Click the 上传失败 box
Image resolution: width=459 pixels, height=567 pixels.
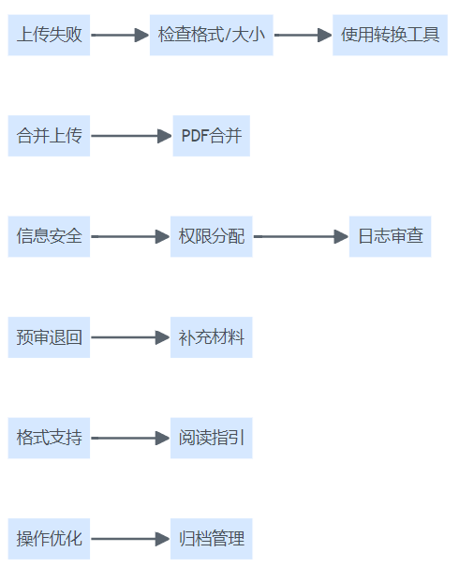[49, 35]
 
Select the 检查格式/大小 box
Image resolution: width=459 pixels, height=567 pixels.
[212, 35]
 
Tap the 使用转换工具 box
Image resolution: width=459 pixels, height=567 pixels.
[390, 35]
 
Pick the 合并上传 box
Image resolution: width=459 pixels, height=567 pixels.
[49, 136]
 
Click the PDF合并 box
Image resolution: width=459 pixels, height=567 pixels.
[212, 136]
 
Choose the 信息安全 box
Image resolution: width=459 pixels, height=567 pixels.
[49, 236]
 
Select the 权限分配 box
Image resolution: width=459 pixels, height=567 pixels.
[212, 236]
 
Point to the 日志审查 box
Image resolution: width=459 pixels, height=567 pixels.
[390, 236]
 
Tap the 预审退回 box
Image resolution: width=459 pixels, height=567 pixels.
[49, 337]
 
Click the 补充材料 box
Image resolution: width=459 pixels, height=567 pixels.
[212, 337]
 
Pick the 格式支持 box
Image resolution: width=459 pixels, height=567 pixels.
[49, 438]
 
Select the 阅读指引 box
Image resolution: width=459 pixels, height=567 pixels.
[212, 438]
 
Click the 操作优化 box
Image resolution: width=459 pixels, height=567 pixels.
[49, 539]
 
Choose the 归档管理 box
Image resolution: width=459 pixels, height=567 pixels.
[212, 539]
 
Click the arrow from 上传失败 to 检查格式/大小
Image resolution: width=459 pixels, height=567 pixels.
[120, 35]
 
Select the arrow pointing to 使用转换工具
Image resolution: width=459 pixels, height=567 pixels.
[303, 35]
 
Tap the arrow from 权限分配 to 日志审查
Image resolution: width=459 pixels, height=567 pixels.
[301, 236]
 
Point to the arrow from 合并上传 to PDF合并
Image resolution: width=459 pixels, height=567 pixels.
[131, 136]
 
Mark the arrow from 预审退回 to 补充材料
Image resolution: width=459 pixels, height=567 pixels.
[130, 337]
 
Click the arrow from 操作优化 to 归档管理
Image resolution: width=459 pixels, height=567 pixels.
[130, 539]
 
